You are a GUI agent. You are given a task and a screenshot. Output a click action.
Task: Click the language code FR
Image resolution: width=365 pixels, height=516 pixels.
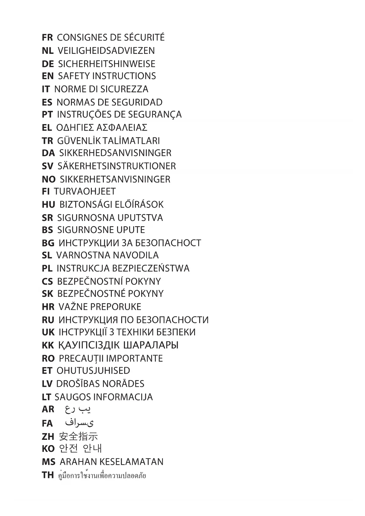coord(47,38)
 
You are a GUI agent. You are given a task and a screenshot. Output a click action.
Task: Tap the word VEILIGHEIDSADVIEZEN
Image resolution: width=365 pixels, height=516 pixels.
coord(106,51)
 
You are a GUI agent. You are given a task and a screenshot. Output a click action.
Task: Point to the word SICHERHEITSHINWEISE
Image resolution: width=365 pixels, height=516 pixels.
coord(106,64)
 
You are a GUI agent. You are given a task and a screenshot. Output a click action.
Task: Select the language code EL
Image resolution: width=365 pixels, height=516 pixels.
coord(47,128)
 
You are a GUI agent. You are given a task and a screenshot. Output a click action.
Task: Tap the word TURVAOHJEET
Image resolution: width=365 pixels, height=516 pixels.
coord(85,192)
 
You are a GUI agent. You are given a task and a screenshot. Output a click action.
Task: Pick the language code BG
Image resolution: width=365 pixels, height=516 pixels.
coord(48,243)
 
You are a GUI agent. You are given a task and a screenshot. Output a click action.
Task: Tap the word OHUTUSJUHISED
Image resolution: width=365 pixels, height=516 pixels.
coord(93,371)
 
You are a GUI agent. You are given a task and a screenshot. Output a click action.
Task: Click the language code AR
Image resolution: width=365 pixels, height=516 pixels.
coord(48,409)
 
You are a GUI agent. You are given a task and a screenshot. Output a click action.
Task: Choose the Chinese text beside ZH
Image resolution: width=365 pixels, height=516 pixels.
coord(78,436)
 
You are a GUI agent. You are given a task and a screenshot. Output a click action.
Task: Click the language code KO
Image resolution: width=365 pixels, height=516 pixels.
coord(48,449)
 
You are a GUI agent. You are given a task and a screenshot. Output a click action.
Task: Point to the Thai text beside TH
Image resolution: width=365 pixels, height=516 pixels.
coord(102,475)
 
